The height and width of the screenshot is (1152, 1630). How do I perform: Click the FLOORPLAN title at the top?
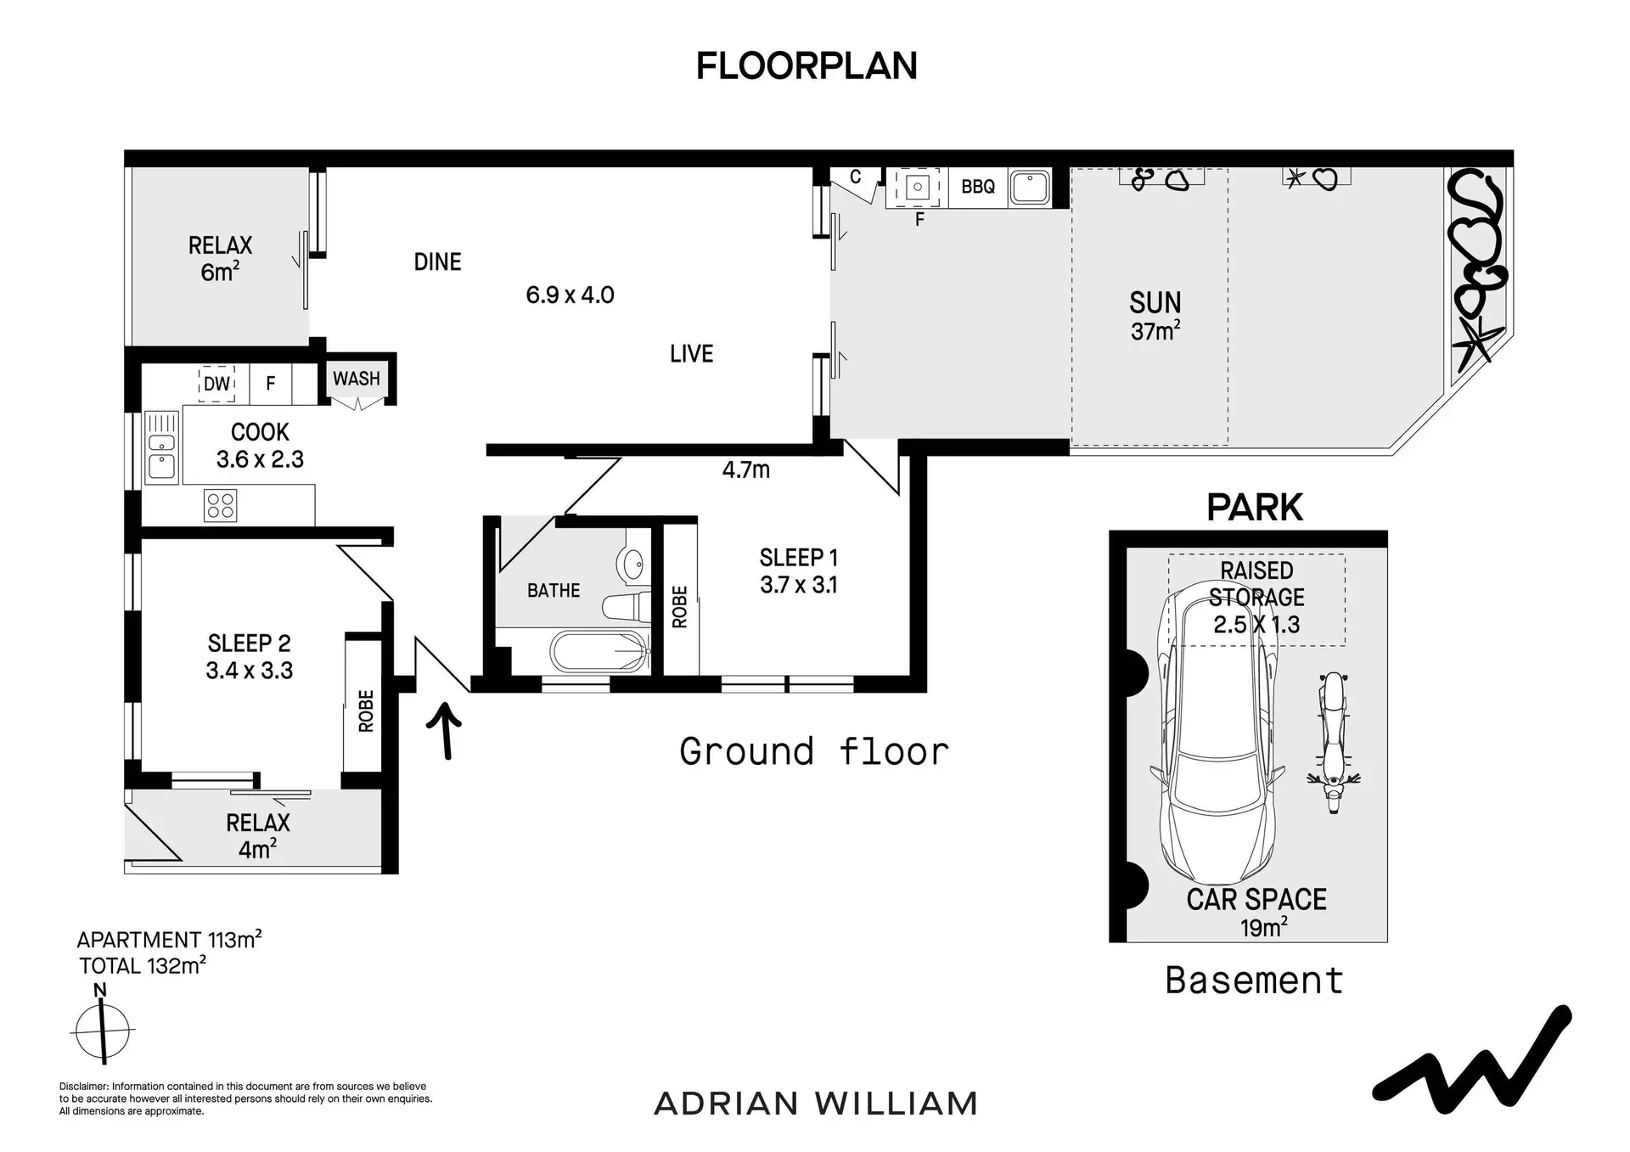point(807,66)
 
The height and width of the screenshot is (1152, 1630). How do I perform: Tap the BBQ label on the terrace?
point(978,187)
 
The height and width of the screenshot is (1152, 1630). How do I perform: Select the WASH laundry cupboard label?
point(357,379)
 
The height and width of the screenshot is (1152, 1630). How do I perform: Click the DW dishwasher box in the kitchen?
point(216,384)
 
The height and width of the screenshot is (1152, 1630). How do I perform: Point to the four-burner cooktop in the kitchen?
point(221,506)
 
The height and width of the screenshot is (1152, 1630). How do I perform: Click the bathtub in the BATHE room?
point(600,652)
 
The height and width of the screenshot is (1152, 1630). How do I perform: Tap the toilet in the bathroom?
point(627,606)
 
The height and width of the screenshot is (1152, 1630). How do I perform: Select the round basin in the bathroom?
point(633,563)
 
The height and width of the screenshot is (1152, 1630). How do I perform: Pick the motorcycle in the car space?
point(1334,742)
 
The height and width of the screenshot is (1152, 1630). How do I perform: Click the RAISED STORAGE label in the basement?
point(1256,584)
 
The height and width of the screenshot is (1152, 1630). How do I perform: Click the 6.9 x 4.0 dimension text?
point(570,295)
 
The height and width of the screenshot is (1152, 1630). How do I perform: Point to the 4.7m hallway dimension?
point(746,469)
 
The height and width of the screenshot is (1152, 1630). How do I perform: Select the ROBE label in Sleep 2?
point(366,711)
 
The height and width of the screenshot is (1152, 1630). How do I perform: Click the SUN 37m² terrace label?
point(1155,316)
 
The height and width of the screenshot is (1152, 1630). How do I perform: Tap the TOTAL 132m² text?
point(143,965)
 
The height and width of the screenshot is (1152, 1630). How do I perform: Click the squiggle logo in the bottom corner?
point(1473,1061)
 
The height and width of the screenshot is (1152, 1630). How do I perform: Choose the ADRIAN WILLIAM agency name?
point(816,1104)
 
